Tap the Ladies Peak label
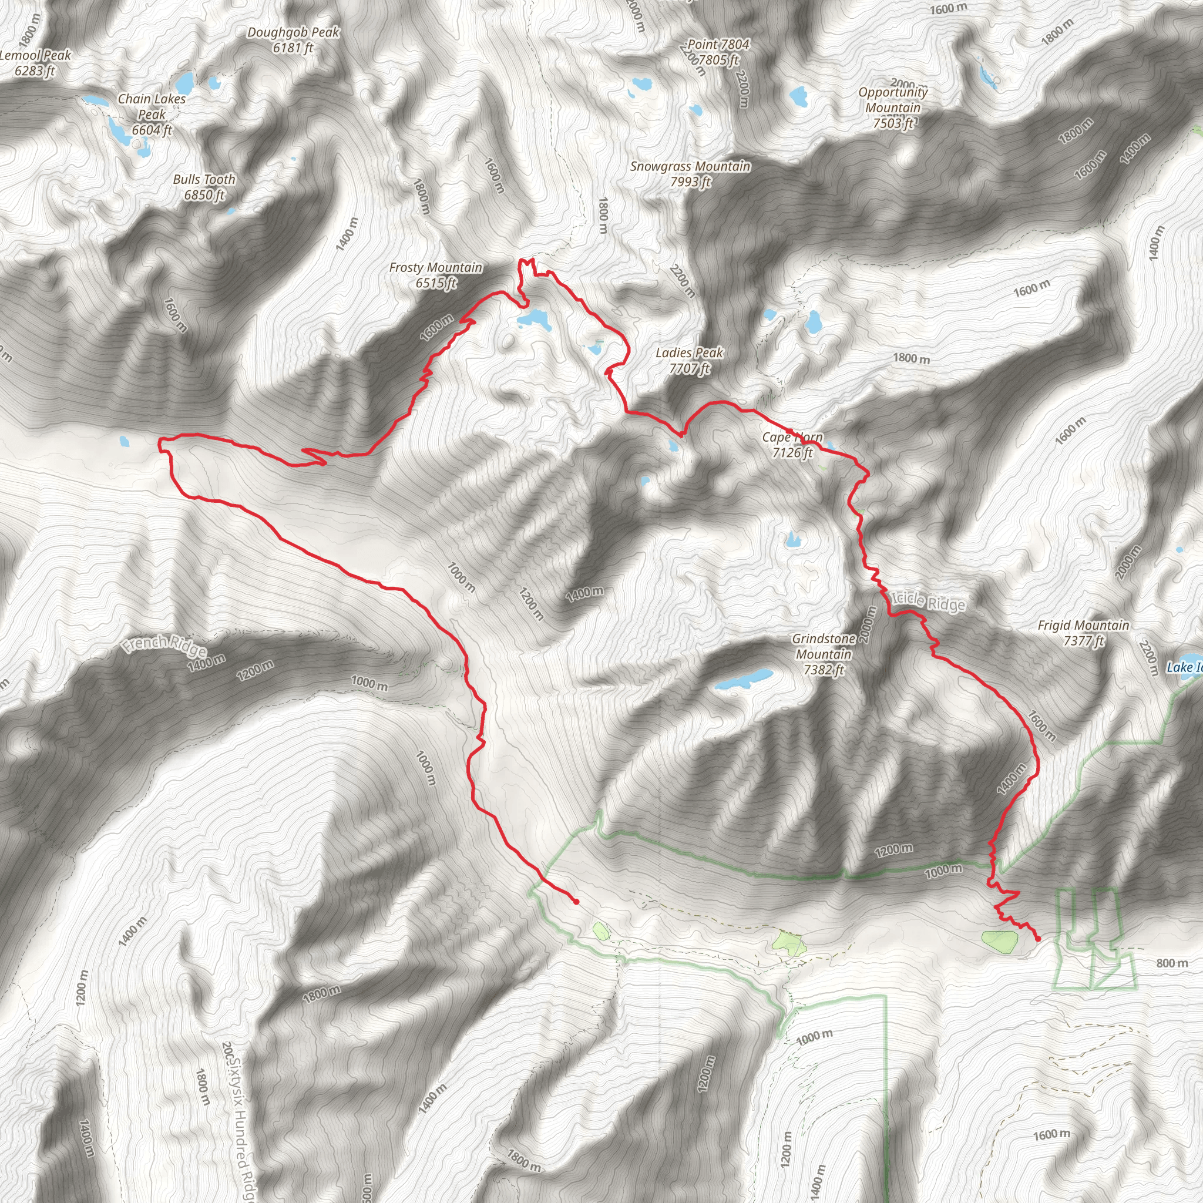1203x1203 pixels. tap(689, 361)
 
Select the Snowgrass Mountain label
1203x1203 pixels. tap(690, 174)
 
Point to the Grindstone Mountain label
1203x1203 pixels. tap(823, 654)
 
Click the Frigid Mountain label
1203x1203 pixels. tap(1083, 633)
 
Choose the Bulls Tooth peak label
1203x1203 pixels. tap(204, 187)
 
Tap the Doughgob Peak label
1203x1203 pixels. tap(293, 40)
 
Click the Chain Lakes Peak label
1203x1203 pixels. tap(152, 115)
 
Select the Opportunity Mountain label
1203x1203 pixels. tap(893, 107)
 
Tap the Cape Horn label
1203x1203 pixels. tap(792, 445)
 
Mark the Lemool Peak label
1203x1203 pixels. tap(35, 63)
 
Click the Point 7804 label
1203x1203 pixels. tap(718, 52)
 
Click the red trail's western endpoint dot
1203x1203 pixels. tap(577, 902)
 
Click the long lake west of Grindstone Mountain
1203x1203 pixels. tap(744, 680)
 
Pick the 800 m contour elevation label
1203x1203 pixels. tap(1172, 963)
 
